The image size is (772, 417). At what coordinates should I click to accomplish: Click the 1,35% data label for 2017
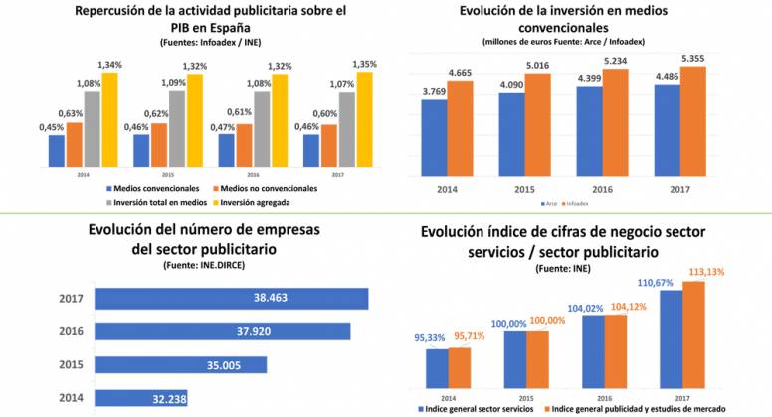[364, 65]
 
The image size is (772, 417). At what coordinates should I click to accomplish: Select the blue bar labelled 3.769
[433, 133]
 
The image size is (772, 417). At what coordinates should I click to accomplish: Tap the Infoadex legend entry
[576, 204]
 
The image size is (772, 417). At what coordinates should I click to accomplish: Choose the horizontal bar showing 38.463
[230, 299]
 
